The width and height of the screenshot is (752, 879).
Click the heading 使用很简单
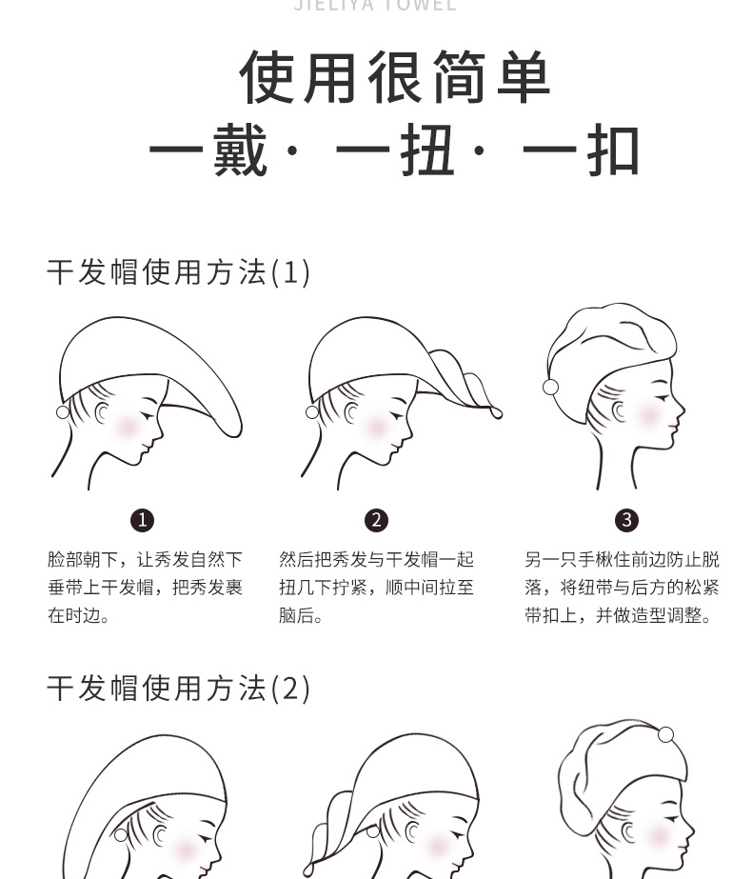tap(395, 78)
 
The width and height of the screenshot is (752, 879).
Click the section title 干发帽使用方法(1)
tap(179, 272)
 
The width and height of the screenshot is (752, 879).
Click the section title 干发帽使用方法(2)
tap(179, 688)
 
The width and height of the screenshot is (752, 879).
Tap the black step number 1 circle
tap(142, 520)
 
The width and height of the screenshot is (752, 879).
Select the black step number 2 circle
tap(376, 520)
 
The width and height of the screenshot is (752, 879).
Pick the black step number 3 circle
tap(626, 520)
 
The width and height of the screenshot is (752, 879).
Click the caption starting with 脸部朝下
tap(145, 588)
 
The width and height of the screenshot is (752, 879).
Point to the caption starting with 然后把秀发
tap(376, 588)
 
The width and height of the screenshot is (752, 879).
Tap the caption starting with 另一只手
tap(622, 588)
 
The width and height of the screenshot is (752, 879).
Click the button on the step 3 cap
tap(550, 387)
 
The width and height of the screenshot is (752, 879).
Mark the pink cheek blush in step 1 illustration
tap(127, 426)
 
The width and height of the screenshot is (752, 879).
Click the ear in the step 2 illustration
tap(352, 414)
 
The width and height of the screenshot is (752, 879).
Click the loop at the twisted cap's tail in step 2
tap(496, 412)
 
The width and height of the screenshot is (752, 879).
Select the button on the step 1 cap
tap(63, 411)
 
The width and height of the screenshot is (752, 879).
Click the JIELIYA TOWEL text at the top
tap(376, 6)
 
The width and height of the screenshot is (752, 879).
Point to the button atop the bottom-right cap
tap(665, 734)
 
